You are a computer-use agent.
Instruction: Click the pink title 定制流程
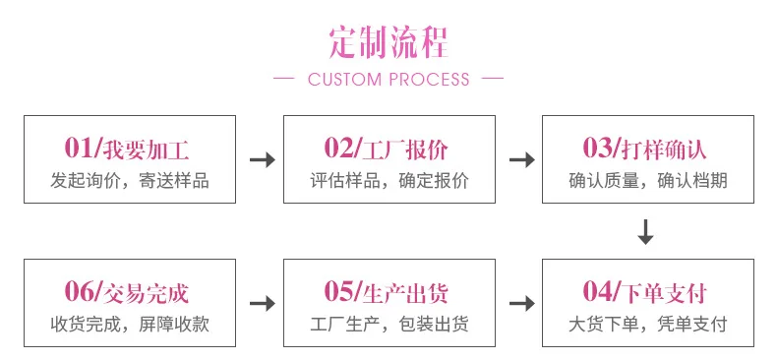click(x=388, y=42)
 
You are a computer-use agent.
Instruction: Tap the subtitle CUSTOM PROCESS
click(x=388, y=80)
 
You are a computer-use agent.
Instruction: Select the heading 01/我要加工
click(x=127, y=149)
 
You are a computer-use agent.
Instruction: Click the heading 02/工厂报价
click(x=387, y=149)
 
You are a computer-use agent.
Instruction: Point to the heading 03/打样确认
click(x=644, y=149)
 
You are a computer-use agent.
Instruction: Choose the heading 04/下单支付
click(x=644, y=291)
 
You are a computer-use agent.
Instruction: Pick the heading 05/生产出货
click(x=387, y=291)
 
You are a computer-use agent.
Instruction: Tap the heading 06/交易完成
click(x=127, y=291)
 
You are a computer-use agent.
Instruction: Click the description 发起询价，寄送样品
click(x=130, y=181)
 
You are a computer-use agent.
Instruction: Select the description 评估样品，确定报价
click(x=389, y=181)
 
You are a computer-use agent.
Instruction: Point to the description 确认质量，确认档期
click(x=648, y=181)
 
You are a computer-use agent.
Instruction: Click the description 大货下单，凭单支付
click(x=648, y=325)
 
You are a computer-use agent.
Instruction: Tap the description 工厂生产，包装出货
click(x=389, y=325)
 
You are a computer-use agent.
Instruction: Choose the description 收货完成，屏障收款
click(x=130, y=325)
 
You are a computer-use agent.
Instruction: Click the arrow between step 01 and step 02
click(x=263, y=159)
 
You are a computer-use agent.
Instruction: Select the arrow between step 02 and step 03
click(x=522, y=159)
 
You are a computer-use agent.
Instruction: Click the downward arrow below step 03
click(x=645, y=231)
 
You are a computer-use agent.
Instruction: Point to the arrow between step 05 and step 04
click(x=522, y=303)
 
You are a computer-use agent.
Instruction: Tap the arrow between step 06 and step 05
click(x=263, y=303)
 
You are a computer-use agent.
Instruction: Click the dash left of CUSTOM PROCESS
click(x=284, y=79)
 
